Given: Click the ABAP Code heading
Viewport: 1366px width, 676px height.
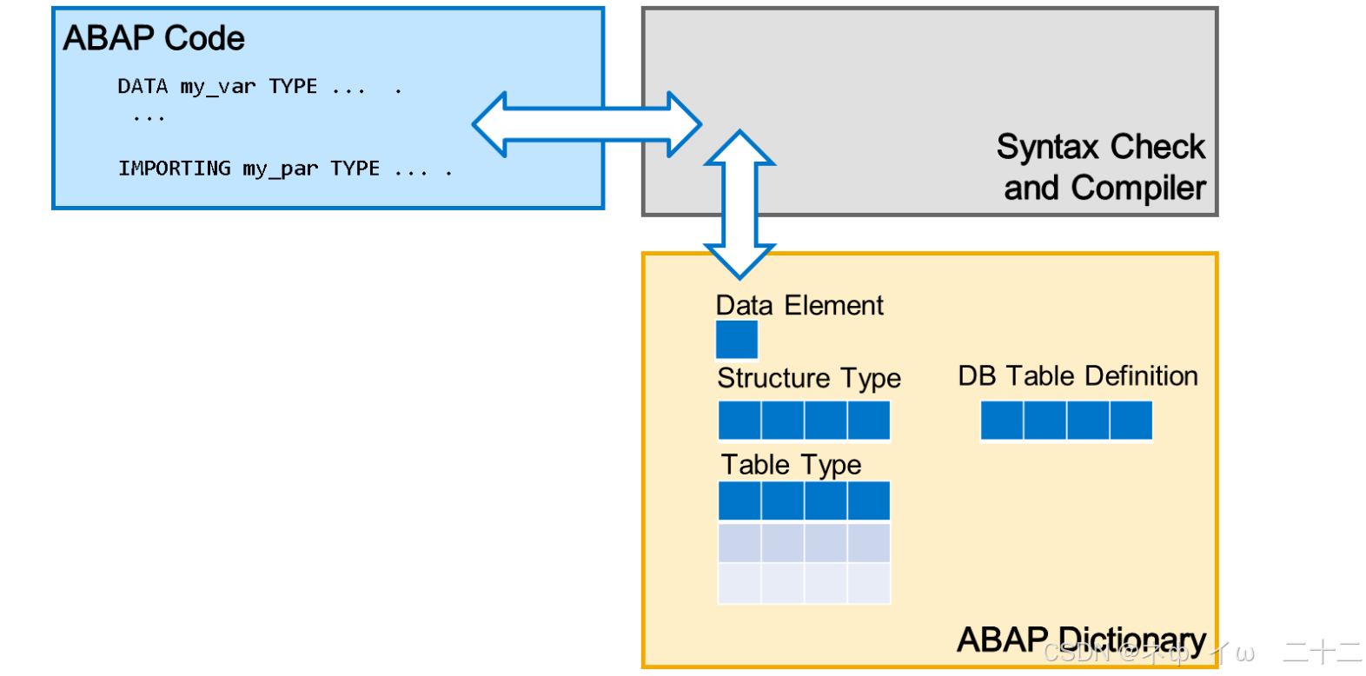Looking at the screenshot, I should point(154,38).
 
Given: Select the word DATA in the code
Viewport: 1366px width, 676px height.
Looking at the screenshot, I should point(143,86).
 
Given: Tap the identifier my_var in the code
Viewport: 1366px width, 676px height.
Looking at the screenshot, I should point(218,86).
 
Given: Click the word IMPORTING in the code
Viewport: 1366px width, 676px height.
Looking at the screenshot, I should point(175,168).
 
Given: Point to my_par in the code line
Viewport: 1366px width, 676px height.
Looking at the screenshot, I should point(281,168).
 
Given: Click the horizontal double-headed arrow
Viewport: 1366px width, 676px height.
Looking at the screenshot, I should point(586,124).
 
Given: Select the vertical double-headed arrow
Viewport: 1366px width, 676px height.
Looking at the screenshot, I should point(739,204).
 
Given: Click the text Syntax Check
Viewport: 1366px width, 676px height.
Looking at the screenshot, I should point(1100,147).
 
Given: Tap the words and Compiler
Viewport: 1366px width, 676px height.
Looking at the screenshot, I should point(1104,188).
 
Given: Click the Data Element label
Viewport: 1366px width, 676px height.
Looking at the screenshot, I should point(799,306).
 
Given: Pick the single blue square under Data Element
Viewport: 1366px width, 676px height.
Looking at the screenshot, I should point(737,340).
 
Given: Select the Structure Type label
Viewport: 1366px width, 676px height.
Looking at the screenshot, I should point(809,378).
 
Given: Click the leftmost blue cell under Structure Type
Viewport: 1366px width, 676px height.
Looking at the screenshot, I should point(739,421).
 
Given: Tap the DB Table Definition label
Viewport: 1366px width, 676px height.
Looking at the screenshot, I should point(1078,376).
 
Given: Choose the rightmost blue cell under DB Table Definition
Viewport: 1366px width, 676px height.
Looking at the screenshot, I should point(1131,421).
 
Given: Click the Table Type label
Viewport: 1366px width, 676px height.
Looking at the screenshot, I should point(791,465).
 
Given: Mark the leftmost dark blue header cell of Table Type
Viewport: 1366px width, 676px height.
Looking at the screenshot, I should point(739,501).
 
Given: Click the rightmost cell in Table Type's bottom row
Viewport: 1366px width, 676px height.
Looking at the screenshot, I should point(869,583).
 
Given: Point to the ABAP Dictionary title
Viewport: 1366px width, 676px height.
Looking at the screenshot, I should point(1080,640).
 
